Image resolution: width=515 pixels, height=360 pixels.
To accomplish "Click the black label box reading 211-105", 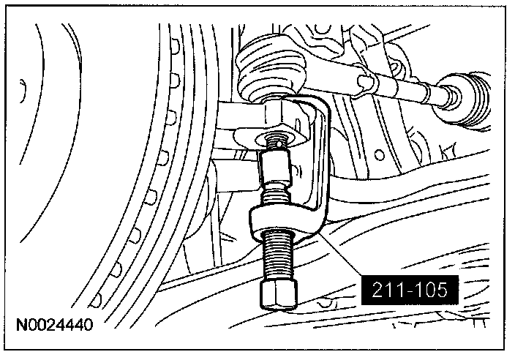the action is [410, 290].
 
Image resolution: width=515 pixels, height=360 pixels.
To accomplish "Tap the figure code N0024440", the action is [55, 325].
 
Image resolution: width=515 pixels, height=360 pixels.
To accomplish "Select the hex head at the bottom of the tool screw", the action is [279, 294].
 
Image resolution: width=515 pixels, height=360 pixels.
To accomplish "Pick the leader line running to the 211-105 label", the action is [341, 254].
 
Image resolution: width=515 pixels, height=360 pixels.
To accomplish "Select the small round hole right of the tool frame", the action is [380, 154].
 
